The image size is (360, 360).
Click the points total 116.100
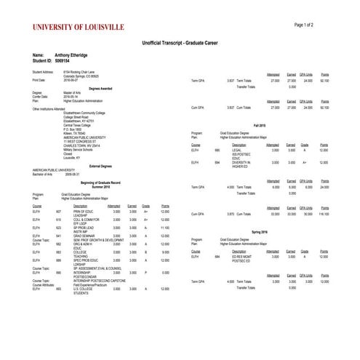point(325,214)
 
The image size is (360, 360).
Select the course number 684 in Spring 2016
point(217,256)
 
